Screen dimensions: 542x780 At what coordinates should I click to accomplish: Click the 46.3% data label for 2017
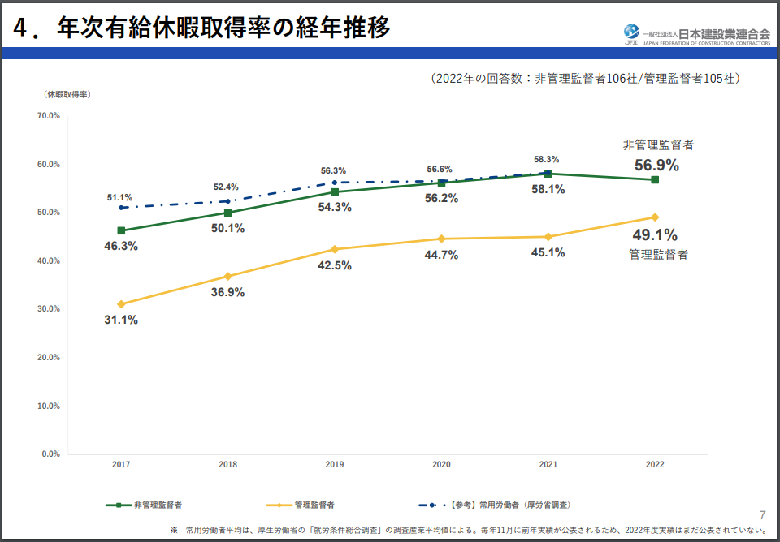121,245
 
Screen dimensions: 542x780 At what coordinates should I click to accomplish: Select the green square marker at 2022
655,179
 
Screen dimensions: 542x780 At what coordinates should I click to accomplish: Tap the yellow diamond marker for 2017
121,304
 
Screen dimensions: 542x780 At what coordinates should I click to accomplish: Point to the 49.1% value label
654,235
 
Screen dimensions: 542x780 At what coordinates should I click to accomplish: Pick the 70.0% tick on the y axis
49,116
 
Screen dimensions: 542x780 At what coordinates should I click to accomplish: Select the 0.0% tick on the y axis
50,454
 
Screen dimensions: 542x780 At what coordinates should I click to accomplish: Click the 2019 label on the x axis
335,465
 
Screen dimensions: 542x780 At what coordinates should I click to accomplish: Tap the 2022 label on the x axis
655,465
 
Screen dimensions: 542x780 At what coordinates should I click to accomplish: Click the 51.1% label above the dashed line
119,197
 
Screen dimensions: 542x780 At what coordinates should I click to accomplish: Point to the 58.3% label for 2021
546,160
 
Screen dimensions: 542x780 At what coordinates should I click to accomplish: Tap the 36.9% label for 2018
227,292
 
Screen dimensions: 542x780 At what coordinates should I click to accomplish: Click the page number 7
762,514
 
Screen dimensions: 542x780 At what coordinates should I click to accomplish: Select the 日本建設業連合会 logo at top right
696,33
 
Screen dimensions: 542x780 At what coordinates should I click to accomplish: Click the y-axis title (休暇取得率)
67,95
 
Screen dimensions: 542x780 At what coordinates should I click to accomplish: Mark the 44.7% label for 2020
441,255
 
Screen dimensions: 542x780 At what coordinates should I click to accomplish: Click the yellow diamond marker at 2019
335,249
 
